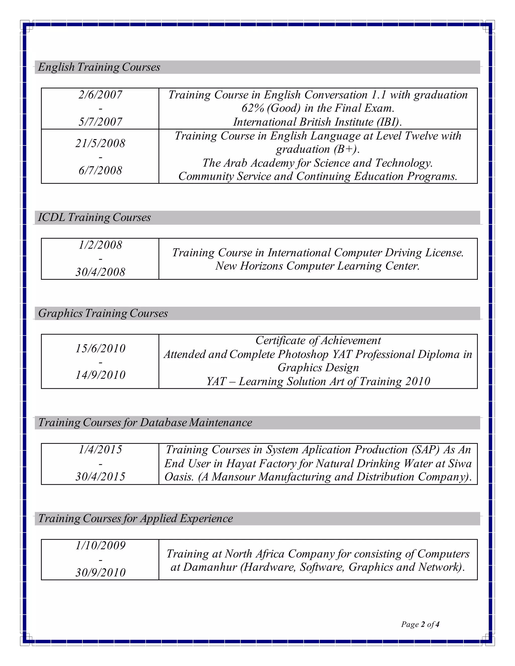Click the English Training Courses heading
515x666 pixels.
pos(99,67)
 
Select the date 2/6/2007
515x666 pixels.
pos(100,95)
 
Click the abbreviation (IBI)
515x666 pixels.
pos(389,122)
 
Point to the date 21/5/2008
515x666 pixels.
pos(100,143)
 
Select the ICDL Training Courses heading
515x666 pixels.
pos(94,217)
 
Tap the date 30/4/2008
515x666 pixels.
pos(100,272)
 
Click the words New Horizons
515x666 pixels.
pos(249,266)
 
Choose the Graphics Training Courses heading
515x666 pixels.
pos(103,313)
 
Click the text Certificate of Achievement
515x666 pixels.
pos(318,340)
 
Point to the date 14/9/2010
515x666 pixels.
pos(100,375)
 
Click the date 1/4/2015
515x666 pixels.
pos(100,450)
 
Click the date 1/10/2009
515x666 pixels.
pos(100,546)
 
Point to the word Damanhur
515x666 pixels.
pos(210,567)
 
